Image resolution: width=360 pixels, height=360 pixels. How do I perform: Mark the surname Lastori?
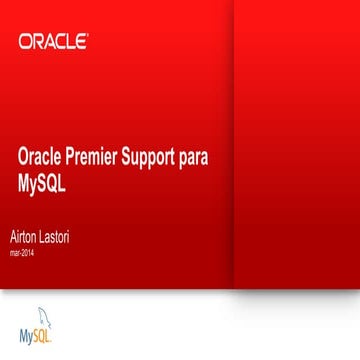[x=56, y=236]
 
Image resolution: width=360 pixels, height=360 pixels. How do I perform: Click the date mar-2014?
[x=21, y=253]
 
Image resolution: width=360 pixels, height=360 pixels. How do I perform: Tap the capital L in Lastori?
[x=43, y=236]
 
